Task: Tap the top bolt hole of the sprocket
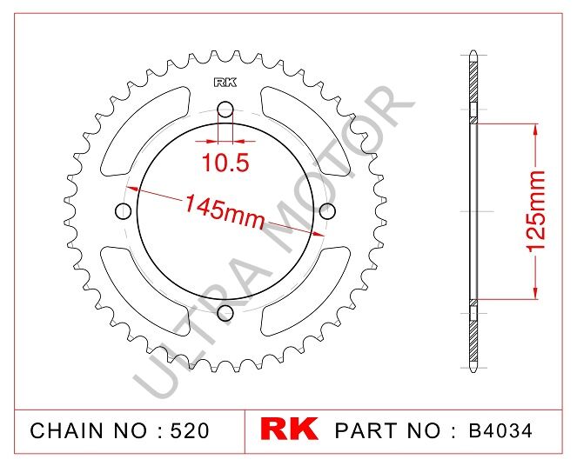(225, 109)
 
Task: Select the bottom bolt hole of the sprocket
(225, 312)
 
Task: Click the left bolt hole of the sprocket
(123, 210)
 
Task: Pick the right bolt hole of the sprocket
(327, 210)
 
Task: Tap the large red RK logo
(290, 429)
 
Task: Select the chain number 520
(189, 430)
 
